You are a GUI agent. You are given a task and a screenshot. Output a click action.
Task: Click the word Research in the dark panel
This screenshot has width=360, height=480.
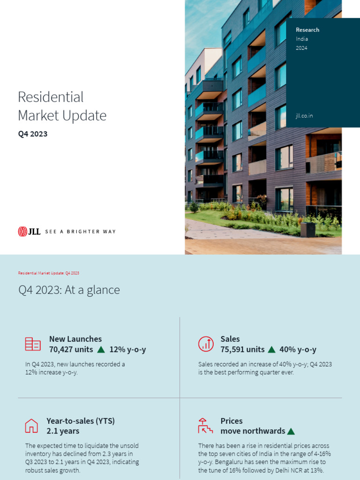pyautogui.click(x=307, y=30)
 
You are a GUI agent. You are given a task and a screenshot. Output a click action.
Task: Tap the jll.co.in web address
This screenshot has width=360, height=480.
pyautogui.click(x=304, y=115)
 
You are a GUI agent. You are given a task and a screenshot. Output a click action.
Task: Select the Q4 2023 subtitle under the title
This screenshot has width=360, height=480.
pyautogui.click(x=33, y=134)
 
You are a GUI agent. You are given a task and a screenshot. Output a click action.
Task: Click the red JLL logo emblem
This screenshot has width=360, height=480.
pyautogui.click(x=22, y=231)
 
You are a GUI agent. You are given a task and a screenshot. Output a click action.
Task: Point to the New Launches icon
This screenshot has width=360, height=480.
pyautogui.click(x=33, y=344)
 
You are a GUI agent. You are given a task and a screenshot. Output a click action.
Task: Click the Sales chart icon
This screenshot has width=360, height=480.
pyautogui.click(x=206, y=344)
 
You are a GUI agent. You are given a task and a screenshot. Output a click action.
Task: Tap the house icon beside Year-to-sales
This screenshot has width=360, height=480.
pyautogui.click(x=31, y=426)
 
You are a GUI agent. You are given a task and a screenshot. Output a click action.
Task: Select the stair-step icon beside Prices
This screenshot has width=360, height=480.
pyautogui.click(x=205, y=426)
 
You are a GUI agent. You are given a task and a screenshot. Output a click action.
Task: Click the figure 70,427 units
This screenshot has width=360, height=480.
pyautogui.click(x=71, y=350)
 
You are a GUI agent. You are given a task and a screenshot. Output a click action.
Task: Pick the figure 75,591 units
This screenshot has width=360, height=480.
pyautogui.click(x=242, y=350)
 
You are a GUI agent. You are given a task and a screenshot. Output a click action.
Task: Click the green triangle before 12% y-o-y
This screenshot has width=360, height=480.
pyautogui.click(x=101, y=350)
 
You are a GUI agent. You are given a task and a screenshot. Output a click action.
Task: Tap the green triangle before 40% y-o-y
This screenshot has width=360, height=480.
pyautogui.click(x=271, y=350)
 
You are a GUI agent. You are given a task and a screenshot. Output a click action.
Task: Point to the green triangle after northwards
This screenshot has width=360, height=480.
pyautogui.click(x=291, y=431)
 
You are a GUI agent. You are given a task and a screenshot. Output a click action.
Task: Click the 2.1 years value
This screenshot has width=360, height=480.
pyautogui.click(x=63, y=431)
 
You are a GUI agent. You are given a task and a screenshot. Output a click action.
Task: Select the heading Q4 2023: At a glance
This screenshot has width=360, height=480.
pyautogui.click(x=69, y=290)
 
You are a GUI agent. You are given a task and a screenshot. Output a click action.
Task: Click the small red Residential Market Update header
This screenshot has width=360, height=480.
pyautogui.click(x=48, y=273)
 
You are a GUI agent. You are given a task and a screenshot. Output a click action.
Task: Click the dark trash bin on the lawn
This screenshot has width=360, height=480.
pyautogui.click(x=307, y=230)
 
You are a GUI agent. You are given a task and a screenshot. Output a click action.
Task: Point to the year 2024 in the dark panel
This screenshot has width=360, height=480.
pyautogui.click(x=301, y=48)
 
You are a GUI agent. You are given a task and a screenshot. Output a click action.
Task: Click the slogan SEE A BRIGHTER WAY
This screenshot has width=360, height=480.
pyautogui.click(x=80, y=232)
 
